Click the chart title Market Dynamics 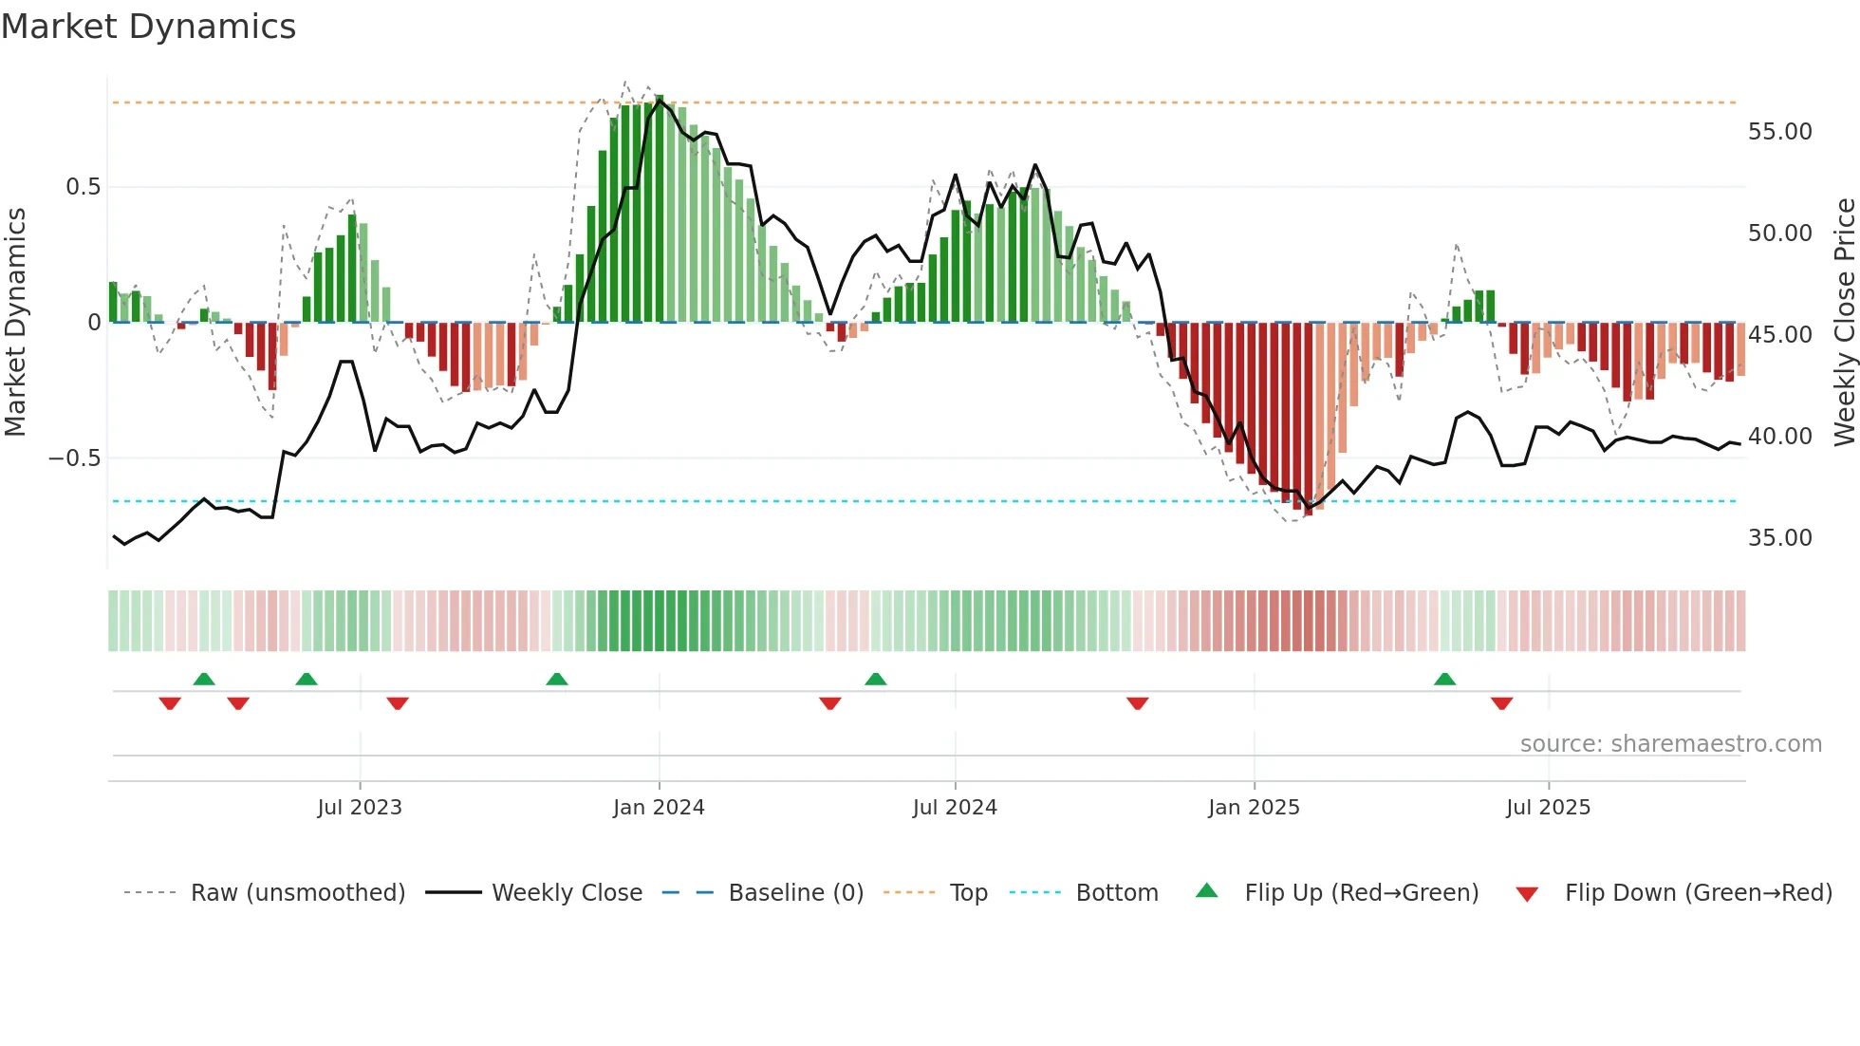click(x=148, y=27)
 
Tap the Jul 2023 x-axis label click(x=360, y=808)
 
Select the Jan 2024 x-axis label click(x=659, y=808)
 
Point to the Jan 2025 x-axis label click(x=1254, y=808)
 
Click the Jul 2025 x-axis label click(x=1548, y=808)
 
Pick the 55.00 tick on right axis click(x=1779, y=132)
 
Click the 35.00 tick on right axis click(x=1779, y=538)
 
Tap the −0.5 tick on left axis click(x=74, y=458)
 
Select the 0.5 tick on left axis click(x=83, y=187)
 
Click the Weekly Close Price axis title click(x=1844, y=322)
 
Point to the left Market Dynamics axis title click(x=15, y=322)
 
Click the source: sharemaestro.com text click(x=1670, y=744)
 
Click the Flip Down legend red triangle click(x=1527, y=894)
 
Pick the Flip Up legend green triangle click(x=1206, y=891)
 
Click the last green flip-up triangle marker click(x=1444, y=680)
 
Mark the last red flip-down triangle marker click(x=1501, y=703)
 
